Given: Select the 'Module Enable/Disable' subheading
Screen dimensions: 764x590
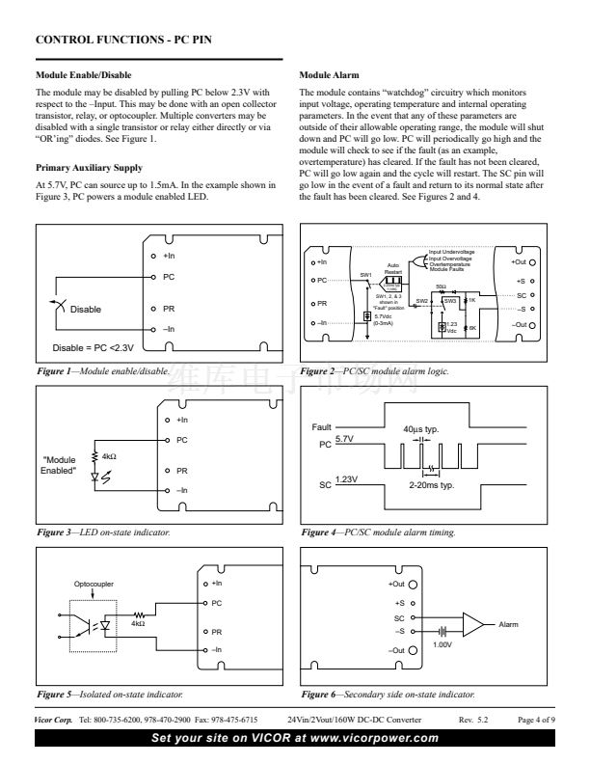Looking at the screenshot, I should [x=83, y=74].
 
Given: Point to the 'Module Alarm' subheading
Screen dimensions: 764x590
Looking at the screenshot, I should [x=328, y=74].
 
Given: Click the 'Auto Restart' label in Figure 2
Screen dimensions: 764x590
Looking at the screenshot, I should [x=393, y=267].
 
